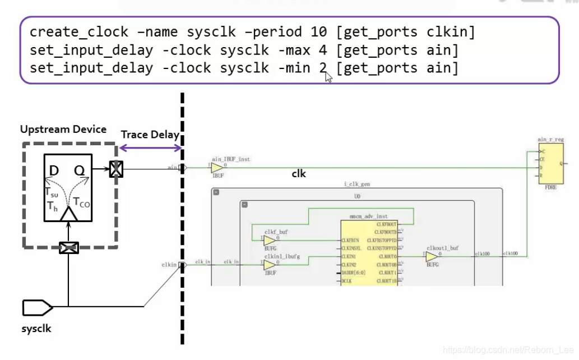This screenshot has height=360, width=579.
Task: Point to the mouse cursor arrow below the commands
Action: click(x=328, y=77)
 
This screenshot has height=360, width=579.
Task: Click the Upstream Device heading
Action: click(x=63, y=130)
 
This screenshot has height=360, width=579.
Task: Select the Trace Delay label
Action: click(x=150, y=135)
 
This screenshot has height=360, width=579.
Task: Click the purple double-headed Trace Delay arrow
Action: click(x=150, y=148)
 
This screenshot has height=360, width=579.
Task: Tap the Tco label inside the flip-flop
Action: click(x=82, y=202)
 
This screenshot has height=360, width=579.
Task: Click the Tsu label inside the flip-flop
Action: click(x=52, y=192)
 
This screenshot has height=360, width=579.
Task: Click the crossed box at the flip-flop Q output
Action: click(x=115, y=169)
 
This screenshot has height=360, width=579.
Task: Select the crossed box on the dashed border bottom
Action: click(x=69, y=247)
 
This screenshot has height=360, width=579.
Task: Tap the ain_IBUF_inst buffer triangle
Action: click(x=216, y=168)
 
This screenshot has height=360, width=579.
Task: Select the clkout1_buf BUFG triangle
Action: click(x=431, y=256)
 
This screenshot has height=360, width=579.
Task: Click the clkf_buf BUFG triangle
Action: click(x=269, y=240)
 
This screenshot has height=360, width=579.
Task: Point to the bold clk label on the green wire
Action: click(x=299, y=174)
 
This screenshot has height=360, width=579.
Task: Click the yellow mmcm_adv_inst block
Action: click(x=369, y=252)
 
